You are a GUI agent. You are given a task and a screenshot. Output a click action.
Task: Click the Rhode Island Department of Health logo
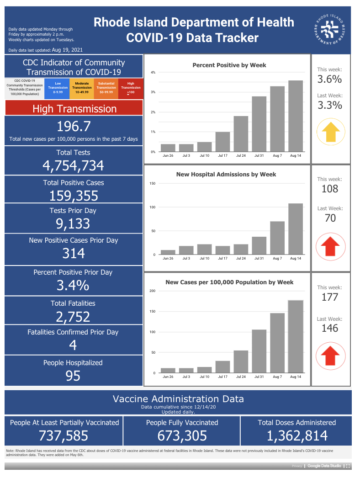pos(329,30)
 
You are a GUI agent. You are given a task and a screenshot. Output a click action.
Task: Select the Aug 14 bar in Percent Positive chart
pos(296,116)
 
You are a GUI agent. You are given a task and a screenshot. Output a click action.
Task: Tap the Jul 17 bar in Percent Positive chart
pos(222,142)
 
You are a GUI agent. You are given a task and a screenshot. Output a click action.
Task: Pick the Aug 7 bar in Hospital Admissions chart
pos(277,238)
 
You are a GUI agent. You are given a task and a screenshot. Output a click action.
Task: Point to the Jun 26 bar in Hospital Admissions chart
pos(168,252)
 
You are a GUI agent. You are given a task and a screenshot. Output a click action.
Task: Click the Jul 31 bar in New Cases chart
pos(259,351)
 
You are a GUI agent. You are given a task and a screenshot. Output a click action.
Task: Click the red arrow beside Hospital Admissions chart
pos(330,246)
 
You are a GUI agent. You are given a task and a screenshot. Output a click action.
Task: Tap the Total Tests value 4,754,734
pos(73,166)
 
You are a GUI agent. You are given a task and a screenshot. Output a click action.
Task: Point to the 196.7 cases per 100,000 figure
pos(74,127)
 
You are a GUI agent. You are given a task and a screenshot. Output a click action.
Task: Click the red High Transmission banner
pos(74,108)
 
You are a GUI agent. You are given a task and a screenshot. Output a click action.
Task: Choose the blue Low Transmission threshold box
pos(57,88)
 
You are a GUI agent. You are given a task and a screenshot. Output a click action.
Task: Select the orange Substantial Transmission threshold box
pos(106,88)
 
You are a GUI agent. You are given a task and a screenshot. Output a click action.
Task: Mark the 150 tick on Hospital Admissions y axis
pos(153,184)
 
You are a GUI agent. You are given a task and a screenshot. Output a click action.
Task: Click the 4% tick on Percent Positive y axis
pos(153,73)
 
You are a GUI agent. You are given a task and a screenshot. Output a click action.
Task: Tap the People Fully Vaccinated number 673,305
pos(182,436)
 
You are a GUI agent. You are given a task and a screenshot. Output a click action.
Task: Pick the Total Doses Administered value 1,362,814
pos(297,436)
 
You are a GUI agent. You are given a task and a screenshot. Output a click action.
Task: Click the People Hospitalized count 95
pos(73,376)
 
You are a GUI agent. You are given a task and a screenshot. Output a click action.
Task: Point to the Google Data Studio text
pos(324,466)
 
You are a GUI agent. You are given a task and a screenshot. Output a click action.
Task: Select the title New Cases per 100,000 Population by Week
pos(229,282)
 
